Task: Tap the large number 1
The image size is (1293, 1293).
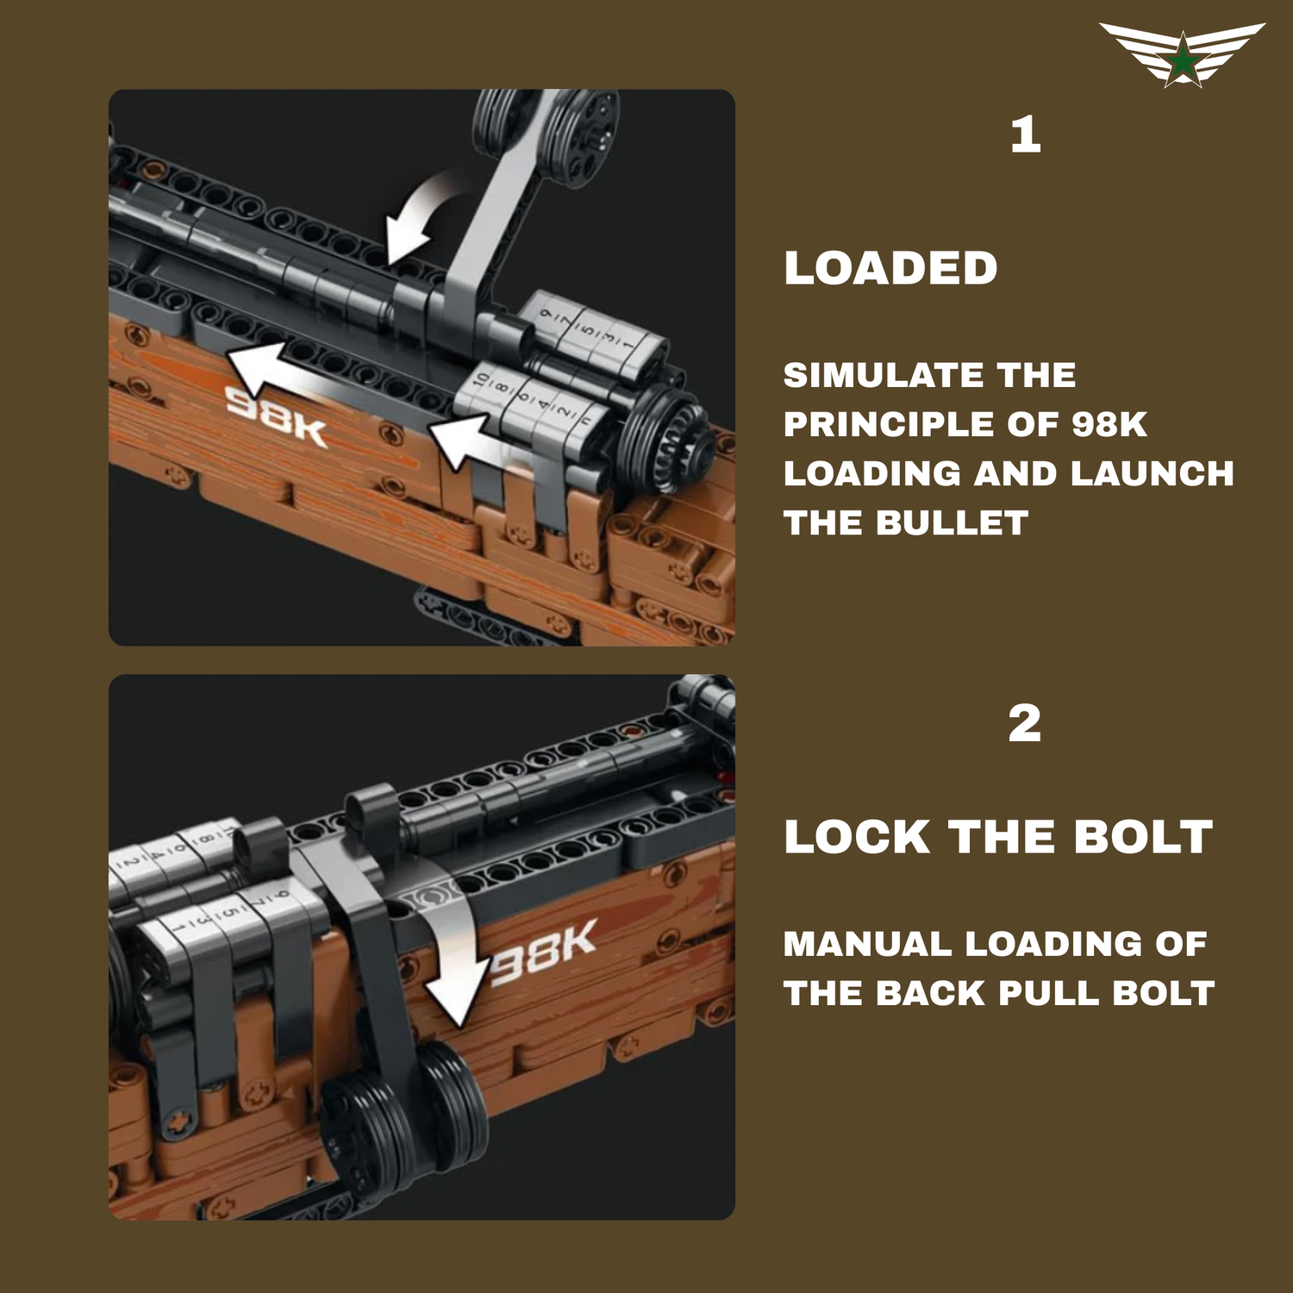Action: point(1026,135)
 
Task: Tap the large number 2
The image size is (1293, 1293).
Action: point(1025,723)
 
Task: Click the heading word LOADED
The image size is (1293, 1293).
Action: point(890,268)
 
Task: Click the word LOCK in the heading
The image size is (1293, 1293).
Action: point(858,837)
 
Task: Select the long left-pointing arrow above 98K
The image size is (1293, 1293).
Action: point(340,379)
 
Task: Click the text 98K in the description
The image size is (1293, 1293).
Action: point(1109,424)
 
